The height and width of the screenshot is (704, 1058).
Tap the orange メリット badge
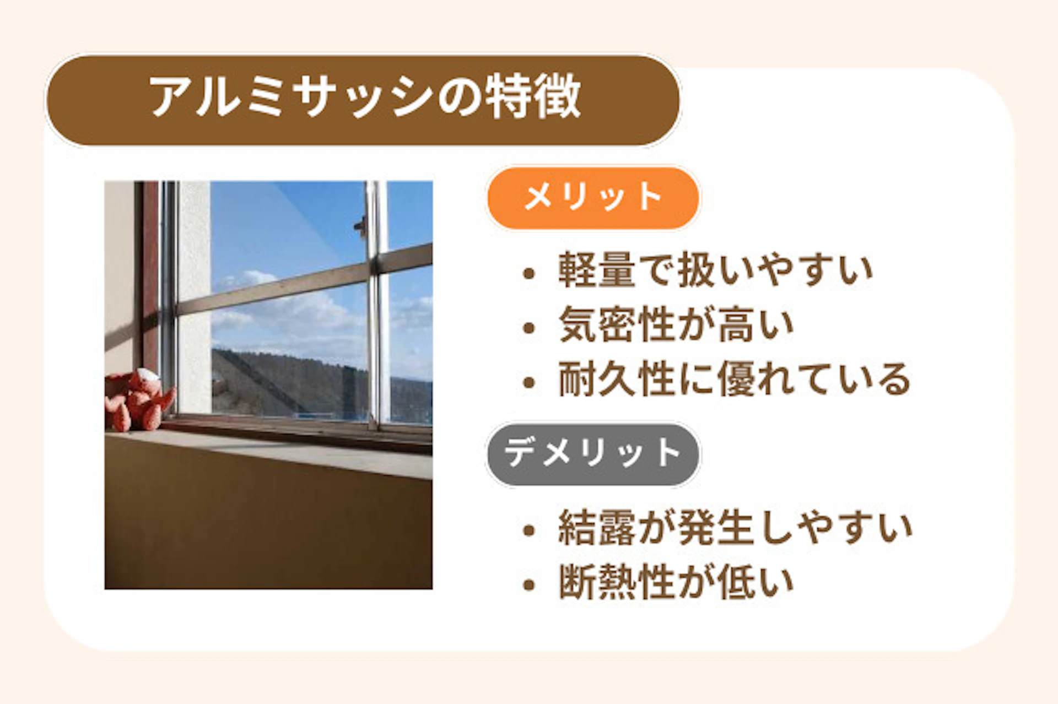point(593,198)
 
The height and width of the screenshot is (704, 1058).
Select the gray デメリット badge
point(593,454)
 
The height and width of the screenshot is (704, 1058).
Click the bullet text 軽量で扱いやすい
point(715,270)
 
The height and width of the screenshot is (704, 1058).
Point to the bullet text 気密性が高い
point(676,326)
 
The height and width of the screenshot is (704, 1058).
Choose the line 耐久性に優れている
point(734,380)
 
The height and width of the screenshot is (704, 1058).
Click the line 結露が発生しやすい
point(735,528)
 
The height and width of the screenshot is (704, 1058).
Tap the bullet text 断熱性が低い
point(676,582)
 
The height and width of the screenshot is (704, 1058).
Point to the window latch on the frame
point(361,226)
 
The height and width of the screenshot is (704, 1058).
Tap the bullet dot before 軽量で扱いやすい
point(529,273)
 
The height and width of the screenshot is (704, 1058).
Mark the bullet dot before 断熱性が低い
point(529,584)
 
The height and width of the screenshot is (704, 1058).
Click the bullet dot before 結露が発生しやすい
point(529,530)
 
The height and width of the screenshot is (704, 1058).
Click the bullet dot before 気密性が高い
point(529,328)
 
